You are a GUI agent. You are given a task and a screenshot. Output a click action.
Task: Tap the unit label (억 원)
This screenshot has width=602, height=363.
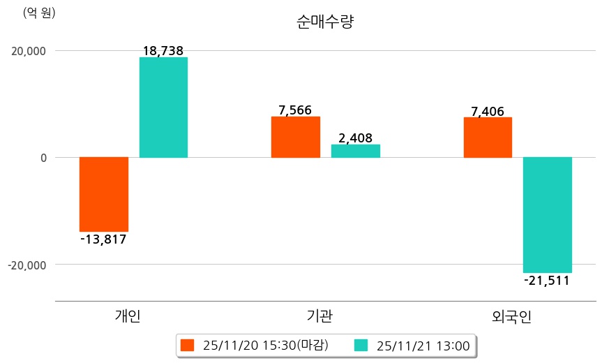click(39, 13)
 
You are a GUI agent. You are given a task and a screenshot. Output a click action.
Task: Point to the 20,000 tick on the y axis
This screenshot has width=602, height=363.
click(29, 51)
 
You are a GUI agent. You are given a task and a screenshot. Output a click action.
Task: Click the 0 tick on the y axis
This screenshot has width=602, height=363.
click(43, 158)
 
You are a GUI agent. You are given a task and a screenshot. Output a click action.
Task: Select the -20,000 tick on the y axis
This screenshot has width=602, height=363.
click(27, 265)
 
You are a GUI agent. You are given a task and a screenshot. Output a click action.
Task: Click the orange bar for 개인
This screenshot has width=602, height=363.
click(104, 194)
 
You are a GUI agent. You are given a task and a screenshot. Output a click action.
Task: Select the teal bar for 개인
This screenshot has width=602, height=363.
click(163, 107)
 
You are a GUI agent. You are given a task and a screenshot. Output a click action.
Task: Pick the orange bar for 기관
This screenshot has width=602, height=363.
click(296, 137)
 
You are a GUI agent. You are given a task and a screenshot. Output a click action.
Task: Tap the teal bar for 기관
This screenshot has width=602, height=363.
click(356, 151)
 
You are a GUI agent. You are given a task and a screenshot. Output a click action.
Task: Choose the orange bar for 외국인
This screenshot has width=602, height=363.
click(488, 138)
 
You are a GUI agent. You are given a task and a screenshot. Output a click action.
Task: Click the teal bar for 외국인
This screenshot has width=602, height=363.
click(548, 215)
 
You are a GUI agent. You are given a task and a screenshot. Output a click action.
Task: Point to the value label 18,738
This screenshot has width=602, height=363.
click(163, 51)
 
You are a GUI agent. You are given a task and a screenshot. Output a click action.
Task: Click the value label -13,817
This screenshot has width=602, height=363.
click(103, 239)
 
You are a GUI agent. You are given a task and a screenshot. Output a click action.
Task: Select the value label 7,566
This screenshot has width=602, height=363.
click(296, 110)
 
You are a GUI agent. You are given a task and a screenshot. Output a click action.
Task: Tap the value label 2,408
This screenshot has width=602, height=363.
click(356, 138)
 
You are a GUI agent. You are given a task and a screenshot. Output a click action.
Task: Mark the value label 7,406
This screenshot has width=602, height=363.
click(488, 111)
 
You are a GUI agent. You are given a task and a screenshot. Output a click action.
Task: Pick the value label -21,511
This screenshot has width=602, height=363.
click(547, 281)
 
